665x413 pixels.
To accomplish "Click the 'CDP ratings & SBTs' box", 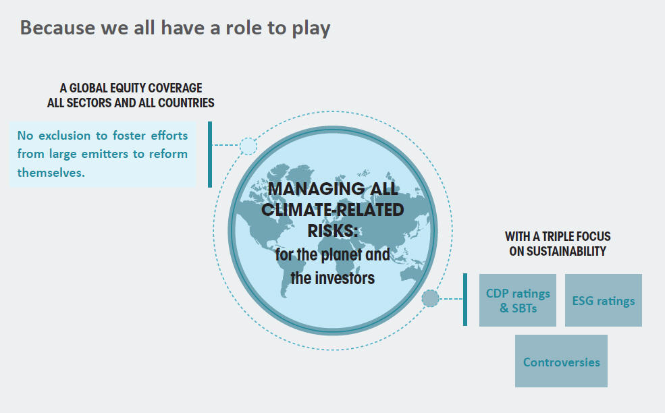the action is pos(517,300).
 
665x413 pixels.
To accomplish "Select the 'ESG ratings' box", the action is pos(603,300).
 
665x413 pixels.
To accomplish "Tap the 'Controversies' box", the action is pos(561,361).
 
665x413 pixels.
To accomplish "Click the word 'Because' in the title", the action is pos(57,28).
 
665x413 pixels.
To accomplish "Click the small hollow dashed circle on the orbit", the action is pos(248,146).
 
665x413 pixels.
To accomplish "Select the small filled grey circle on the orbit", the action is pos(430,298).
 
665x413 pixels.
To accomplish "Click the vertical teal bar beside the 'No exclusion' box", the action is pos(210,155).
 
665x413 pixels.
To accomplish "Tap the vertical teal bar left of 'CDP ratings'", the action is pos(465,300).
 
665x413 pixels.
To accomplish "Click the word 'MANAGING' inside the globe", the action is pos(317,189).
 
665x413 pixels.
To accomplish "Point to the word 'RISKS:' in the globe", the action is pos(333,231).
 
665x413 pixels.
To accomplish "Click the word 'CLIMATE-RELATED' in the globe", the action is pos(333,210).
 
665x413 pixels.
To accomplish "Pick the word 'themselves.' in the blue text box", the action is pos(51,173).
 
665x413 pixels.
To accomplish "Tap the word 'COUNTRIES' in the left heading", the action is pos(186,103).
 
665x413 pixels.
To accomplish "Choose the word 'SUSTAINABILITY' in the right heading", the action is pos(558,252).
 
